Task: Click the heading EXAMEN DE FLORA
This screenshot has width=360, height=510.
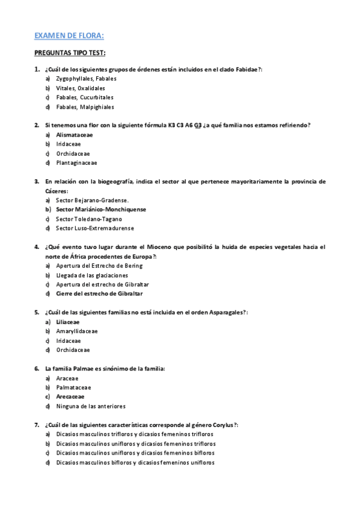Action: click(69, 35)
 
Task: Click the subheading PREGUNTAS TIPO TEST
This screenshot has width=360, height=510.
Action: click(70, 52)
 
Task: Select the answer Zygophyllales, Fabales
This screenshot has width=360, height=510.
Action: click(86, 79)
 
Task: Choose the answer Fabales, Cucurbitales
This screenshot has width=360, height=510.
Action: click(85, 97)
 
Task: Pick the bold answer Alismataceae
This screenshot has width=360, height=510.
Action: click(75, 135)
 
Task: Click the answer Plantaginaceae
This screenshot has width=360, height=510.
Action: click(76, 163)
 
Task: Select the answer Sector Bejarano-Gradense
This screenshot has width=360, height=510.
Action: click(93, 200)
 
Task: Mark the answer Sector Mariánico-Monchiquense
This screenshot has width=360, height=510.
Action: click(101, 209)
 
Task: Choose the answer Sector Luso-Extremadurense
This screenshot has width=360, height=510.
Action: click(95, 229)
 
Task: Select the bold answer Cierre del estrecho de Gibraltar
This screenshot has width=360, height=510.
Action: click(99, 293)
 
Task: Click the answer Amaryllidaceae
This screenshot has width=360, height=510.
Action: click(77, 331)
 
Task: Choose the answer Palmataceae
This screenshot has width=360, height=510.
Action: click(73, 387)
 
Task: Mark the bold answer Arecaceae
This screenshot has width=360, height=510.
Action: click(70, 396)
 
